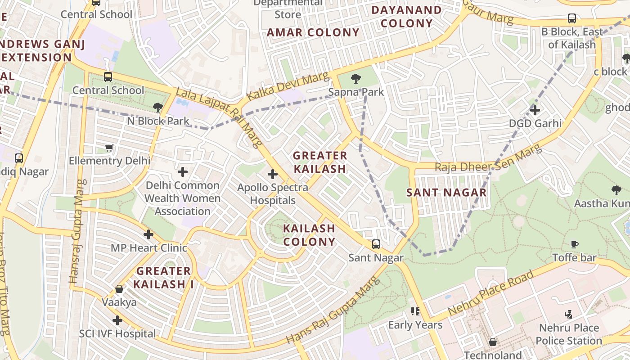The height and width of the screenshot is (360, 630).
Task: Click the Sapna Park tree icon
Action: point(356,79)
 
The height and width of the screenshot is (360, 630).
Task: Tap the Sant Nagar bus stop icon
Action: point(376,244)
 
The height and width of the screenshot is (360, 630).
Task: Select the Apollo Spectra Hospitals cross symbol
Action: point(273,174)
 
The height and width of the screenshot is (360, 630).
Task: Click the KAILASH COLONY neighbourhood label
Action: point(309,235)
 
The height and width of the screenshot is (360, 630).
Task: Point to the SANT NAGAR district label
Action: point(446,193)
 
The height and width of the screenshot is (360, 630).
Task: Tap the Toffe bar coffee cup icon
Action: point(575,244)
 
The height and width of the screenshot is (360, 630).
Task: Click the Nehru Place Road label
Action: point(491,292)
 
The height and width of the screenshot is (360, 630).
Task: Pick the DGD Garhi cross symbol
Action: point(535,110)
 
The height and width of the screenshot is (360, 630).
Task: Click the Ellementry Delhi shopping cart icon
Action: point(109,148)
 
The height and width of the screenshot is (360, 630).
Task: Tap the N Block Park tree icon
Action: point(157,107)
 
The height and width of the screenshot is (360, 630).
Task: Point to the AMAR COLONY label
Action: point(313,32)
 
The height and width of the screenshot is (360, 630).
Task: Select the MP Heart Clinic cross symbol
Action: point(148,234)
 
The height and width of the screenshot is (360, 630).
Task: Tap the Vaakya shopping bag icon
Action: point(119,289)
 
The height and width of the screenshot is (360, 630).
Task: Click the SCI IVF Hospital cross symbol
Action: point(117,320)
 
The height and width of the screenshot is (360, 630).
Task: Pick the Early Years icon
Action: point(415,311)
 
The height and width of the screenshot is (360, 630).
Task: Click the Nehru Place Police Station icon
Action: point(568,315)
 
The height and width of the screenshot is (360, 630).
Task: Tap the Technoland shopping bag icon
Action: point(493,342)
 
